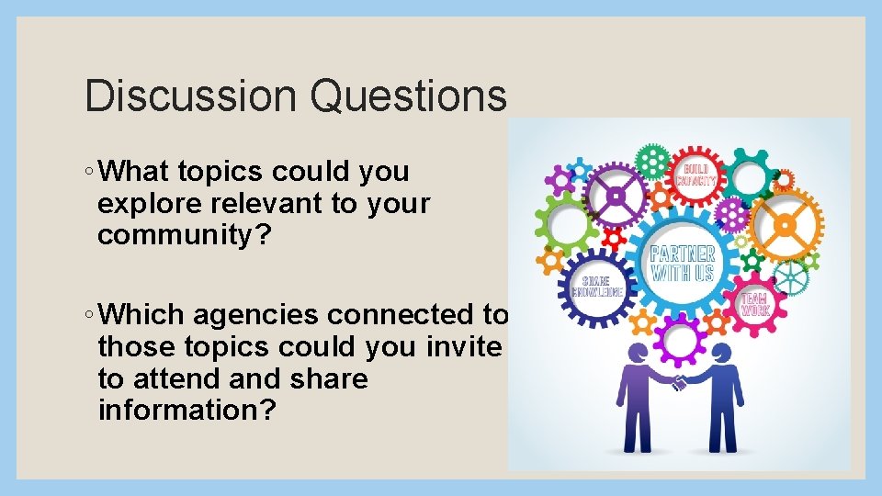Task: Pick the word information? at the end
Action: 186,411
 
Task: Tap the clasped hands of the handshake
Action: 679,382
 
